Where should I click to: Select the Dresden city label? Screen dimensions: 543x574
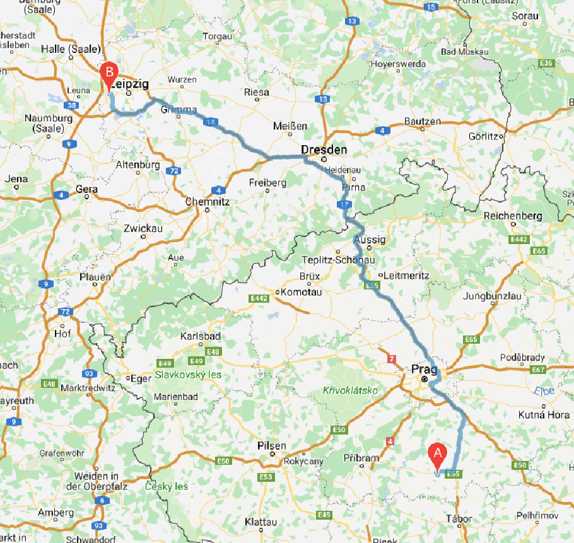324,150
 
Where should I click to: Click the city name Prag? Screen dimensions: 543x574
423,370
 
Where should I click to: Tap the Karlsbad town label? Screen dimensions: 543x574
201,336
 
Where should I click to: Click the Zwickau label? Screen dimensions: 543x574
144,228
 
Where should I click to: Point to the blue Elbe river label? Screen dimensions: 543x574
544,391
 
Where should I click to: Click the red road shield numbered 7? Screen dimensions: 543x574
392,359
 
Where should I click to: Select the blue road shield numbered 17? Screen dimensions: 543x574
344,205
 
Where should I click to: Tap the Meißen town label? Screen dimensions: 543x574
290,126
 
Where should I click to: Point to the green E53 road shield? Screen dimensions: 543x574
266,477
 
